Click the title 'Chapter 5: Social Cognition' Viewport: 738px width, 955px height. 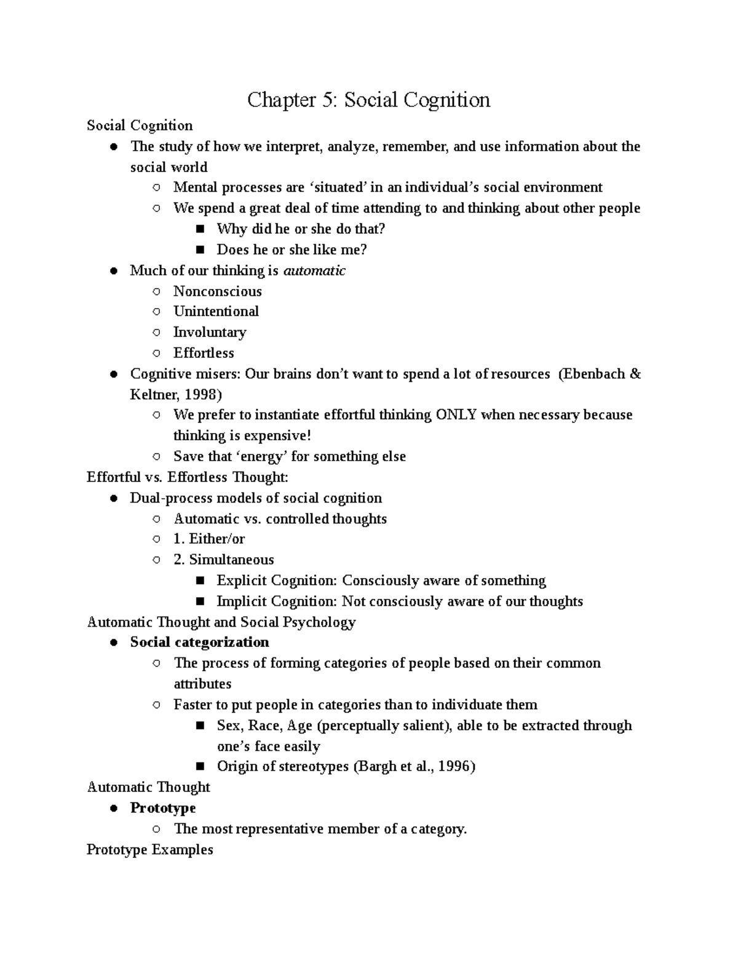tap(368, 100)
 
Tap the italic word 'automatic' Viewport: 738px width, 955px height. tap(314, 271)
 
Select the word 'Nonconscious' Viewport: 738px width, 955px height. tap(217, 291)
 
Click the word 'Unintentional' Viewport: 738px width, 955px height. tap(216, 312)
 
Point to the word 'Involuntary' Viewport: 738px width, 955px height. tap(209, 333)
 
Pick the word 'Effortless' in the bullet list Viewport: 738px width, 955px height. tap(204, 354)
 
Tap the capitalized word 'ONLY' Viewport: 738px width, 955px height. tap(456, 415)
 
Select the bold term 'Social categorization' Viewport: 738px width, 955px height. tap(199, 643)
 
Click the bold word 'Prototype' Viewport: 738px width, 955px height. tap(163, 808)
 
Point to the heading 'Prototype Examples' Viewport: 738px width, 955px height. tap(150, 850)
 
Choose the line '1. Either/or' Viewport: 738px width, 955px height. tap(209, 539)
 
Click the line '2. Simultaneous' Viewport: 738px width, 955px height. tap(224, 560)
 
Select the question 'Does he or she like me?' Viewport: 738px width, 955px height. tap(292, 250)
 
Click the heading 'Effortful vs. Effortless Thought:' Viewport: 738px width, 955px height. tap(188, 477)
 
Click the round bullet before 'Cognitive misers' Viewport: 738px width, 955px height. tap(114, 374)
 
